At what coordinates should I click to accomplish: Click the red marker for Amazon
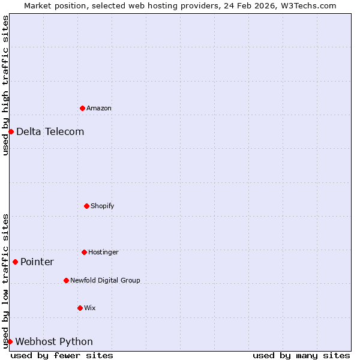click(x=82, y=108)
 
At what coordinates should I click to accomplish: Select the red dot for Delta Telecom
click(x=11, y=131)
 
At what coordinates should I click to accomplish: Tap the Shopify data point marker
click(x=86, y=206)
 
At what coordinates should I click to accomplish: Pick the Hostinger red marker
click(x=84, y=252)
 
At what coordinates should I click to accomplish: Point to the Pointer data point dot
click(x=15, y=262)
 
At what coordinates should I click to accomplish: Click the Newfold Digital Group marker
click(x=66, y=280)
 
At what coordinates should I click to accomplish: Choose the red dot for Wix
click(x=80, y=308)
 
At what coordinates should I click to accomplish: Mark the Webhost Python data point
click(x=10, y=341)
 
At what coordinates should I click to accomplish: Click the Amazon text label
click(x=99, y=108)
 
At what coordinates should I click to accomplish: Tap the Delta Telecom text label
click(x=50, y=131)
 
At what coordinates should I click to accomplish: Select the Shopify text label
click(x=103, y=206)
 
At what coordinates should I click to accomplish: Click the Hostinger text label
click(x=103, y=252)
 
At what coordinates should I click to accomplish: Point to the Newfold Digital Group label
click(x=105, y=280)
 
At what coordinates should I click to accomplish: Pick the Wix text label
click(x=90, y=308)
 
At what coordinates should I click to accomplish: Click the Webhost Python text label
click(x=54, y=341)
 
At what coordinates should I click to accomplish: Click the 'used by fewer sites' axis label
click(x=62, y=356)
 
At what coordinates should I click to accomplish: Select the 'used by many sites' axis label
click(x=301, y=356)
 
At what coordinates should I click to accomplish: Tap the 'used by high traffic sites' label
click(x=5, y=85)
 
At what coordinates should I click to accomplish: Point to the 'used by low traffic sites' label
click(x=5, y=281)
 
